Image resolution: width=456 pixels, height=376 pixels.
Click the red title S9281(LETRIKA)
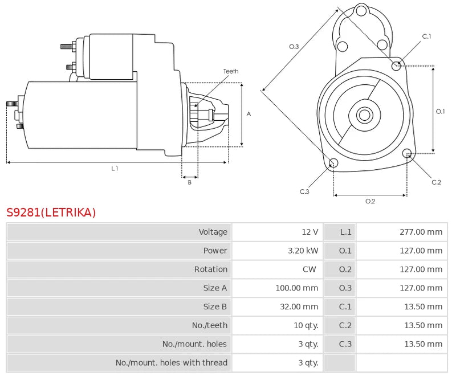[51, 212]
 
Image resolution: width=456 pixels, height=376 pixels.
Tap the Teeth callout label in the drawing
[231, 71]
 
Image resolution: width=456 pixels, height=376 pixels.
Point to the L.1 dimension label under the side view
[115, 168]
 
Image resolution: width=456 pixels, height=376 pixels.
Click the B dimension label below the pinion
[189, 182]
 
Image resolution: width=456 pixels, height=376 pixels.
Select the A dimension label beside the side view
[249, 114]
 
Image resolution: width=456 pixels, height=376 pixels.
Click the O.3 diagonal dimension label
[294, 47]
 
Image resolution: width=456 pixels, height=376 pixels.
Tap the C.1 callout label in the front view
[426, 36]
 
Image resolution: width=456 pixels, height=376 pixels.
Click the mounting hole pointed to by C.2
[407, 153]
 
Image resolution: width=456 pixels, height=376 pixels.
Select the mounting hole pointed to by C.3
[333, 163]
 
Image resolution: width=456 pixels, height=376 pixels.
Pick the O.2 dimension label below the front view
[370, 201]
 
